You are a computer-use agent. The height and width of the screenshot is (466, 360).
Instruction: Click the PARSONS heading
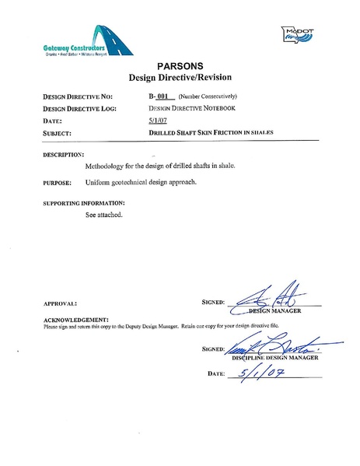180,66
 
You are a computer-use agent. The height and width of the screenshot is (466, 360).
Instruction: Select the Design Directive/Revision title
179,79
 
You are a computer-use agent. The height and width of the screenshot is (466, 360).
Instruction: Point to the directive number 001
163,97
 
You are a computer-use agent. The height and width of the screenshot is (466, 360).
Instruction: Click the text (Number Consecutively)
203,97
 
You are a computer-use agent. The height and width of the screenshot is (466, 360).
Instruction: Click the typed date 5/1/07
157,121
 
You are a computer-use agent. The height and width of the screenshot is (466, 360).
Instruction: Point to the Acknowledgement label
75,320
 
